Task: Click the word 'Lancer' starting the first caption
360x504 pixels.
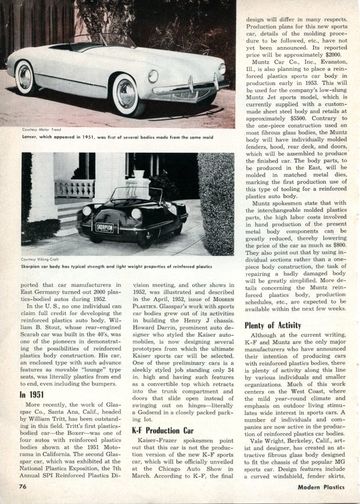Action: tap(31, 137)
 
